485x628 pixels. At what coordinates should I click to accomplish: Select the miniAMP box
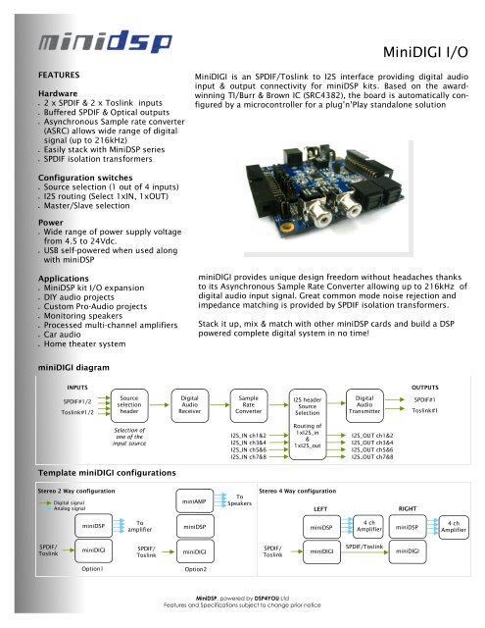pyautogui.click(x=191, y=501)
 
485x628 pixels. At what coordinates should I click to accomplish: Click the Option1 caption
pyautogui.click(x=93, y=568)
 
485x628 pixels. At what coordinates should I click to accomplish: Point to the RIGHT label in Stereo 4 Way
pyautogui.click(x=407, y=508)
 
